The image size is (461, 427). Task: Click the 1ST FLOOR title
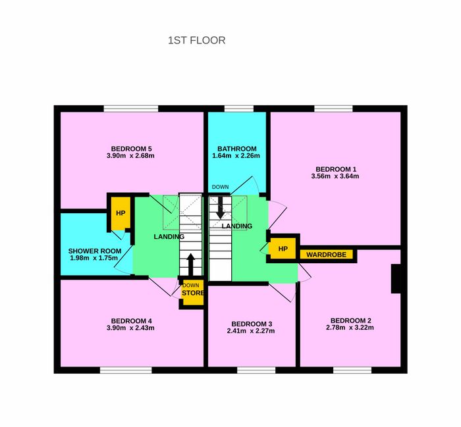[x=197, y=40]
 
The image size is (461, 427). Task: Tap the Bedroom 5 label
[x=132, y=149]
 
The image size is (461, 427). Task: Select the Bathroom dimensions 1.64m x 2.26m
[x=236, y=156]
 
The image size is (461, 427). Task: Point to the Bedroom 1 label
[x=336, y=169]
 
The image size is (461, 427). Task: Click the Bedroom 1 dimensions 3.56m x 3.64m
[x=335, y=176]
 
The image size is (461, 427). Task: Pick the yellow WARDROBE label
[x=327, y=255]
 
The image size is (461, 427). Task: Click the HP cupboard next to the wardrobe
[x=283, y=249]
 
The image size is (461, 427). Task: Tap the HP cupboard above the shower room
[x=121, y=213]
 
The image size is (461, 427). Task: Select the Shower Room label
[x=95, y=251]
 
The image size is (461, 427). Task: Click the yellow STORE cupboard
[x=192, y=293]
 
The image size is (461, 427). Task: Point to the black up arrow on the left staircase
[x=190, y=264]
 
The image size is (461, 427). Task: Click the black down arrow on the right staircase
[x=220, y=207]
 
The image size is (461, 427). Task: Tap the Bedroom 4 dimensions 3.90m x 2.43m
[x=130, y=328]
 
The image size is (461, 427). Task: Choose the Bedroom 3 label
[x=252, y=324]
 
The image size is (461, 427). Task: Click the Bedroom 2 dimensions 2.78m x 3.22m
[x=350, y=328]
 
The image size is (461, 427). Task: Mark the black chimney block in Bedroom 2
[x=396, y=279]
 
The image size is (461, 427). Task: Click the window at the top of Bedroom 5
[x=131, y=109]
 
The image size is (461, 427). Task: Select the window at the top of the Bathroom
[x=239, y=109]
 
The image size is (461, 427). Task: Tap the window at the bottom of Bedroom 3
[x=256, y=370]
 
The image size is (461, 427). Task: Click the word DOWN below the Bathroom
[x=220, y=187]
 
